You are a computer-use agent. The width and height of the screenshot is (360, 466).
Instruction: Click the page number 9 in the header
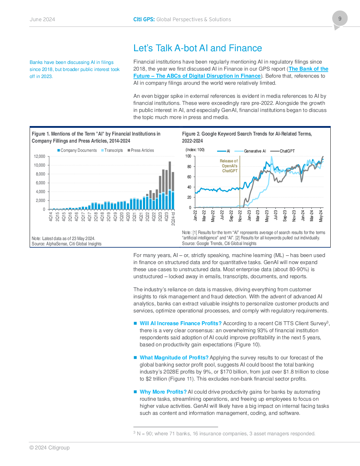(340, 19)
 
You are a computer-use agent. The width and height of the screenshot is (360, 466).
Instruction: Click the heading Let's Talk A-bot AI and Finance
(198, 48)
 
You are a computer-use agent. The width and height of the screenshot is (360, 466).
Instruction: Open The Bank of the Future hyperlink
(231, 72)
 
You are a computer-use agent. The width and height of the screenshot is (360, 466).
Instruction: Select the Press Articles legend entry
(141, 150)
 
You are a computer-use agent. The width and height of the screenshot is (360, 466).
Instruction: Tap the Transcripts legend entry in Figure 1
(112, 150)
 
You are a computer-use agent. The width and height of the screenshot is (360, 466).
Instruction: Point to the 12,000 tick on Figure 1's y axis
(40, 156)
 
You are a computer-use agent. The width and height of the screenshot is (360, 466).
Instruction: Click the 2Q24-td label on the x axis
(173, 218)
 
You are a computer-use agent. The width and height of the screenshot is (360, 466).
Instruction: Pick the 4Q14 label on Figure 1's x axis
(50, 216)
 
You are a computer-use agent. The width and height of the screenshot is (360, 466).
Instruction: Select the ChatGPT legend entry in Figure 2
(282, 151)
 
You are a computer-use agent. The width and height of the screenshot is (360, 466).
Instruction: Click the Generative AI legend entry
(250, 151)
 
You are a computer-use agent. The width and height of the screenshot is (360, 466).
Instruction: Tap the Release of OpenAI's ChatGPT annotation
(229, 166)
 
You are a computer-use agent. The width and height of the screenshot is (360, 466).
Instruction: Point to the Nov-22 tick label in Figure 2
(240, 215)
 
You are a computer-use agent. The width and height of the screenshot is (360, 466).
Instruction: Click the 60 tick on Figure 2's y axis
(189, 177)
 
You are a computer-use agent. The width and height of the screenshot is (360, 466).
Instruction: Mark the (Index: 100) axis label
(195, 150)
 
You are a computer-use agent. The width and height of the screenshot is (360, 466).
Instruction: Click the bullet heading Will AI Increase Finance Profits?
(181, 323)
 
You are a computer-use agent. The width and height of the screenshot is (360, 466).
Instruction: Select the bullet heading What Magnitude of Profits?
(174, 358)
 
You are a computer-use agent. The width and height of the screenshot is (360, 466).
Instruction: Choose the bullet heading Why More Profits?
(163, 392)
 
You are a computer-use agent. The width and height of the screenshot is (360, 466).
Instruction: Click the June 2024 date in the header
(42, 19)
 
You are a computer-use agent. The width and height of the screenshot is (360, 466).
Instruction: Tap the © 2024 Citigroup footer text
(49, 448)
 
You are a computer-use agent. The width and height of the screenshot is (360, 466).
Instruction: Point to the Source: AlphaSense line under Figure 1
(66, 244)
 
